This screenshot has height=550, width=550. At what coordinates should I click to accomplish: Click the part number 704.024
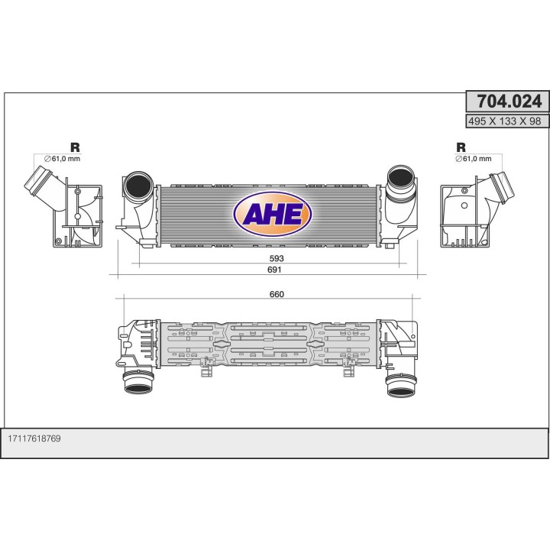pyautogui.click(x=507, y=102)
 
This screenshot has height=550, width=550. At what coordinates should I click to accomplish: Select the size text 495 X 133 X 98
pyautogui.click(x=507, y=121)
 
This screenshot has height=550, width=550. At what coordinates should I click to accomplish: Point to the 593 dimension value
pyautogui.click(x=276, y=259)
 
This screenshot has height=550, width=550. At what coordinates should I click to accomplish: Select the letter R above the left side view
pyautogui.click(x=75, y=147)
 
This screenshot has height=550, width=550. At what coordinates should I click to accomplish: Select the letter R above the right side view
pyautogui.click(x=461, y=147)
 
